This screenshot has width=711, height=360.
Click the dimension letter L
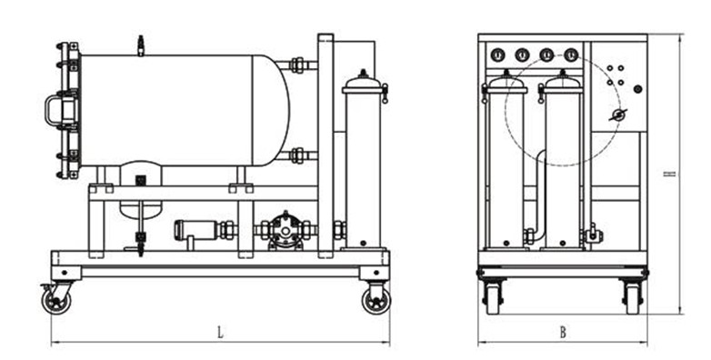pos(220,333)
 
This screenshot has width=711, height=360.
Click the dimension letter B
pos(563,333)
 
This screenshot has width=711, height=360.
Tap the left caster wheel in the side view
pos(56,301)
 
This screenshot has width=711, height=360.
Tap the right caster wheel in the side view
pos(376,301)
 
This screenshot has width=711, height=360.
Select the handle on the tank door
pos(55,111)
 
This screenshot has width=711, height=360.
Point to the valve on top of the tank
pos(141,45)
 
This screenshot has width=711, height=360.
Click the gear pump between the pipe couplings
pos(285,231)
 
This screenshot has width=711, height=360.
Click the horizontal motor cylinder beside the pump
pos(195,230)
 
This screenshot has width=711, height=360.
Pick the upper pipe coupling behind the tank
pos(297,65)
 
